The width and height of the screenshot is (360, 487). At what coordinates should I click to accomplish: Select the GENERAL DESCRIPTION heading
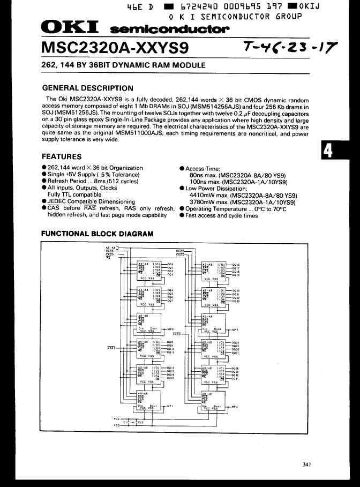(87, 88)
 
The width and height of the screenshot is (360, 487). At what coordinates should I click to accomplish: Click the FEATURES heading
(62, 156)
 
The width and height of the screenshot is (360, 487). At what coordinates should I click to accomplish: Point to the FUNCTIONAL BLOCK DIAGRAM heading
(97, 234)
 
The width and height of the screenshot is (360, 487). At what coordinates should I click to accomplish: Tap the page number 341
(306, 464)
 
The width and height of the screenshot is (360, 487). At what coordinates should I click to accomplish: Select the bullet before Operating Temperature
(182, 209)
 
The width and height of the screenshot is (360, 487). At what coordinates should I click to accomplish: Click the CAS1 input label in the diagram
(111, 348)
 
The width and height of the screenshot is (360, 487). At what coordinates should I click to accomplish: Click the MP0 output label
(171, 329)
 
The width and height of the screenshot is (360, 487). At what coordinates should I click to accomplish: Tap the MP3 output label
(234, 407)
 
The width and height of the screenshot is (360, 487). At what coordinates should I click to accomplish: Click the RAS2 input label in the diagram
(180, 250)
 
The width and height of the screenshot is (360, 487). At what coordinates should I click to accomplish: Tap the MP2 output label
(234, 329)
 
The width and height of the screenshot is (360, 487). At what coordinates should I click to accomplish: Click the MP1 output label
(171, 407)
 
